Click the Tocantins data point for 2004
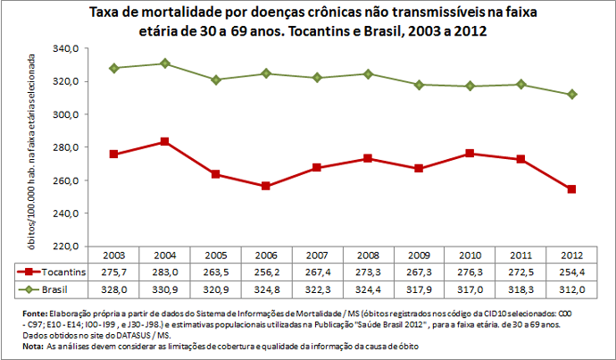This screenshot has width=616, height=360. tap(164, 142)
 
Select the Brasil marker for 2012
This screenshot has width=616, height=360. tap(570, 95)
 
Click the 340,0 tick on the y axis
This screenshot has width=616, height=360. tap(69, 48)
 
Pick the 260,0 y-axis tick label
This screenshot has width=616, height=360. tap(69, 180)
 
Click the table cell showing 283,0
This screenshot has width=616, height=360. tap(164, 271)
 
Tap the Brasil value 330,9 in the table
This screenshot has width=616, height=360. tap(164, 289)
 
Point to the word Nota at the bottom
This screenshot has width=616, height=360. tap(32, 345)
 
